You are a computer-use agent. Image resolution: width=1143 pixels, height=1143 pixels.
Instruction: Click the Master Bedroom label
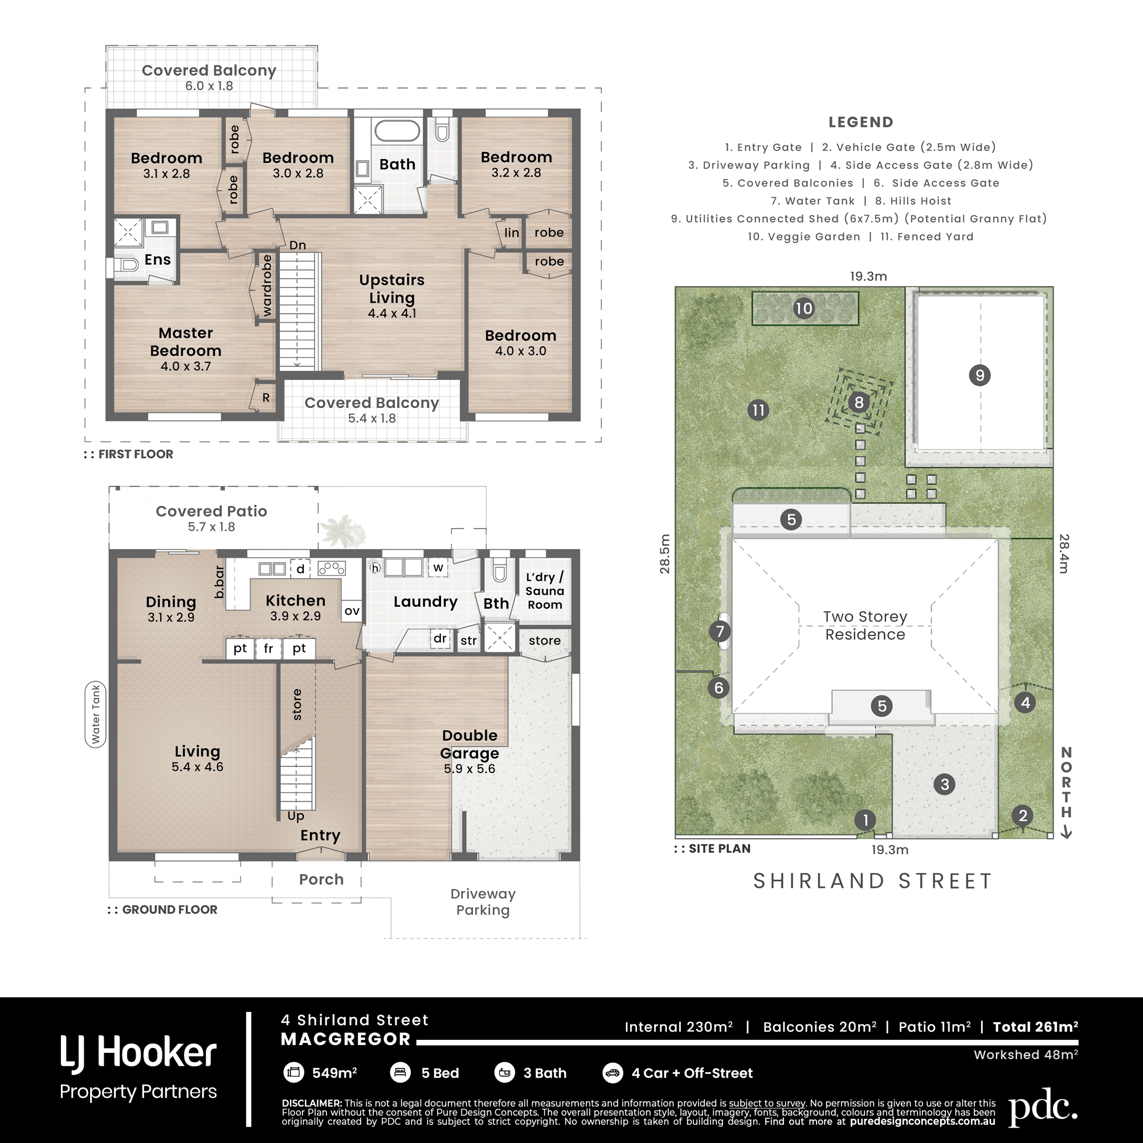tap(186, 342)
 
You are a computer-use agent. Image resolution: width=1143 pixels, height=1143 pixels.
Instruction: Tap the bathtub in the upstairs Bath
tap(398, 130)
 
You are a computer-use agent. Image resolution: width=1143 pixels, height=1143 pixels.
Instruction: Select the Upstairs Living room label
tap(391, 289)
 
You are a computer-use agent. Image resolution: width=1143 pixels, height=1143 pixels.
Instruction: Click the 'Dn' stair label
tap(297, 245)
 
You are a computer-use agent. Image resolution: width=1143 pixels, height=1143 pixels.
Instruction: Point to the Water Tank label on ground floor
tap(96, 714)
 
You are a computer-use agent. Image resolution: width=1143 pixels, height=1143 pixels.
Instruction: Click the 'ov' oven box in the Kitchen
tap(352, 611)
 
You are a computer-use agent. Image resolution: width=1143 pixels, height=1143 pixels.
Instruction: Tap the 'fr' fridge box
tap(268, 648)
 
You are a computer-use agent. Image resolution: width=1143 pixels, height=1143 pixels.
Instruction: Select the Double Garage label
tap(470, 744)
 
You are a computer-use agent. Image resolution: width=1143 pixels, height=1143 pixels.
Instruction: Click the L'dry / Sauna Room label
tap(545, 591)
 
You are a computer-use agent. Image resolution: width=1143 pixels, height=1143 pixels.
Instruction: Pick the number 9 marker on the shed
tap(979, 375)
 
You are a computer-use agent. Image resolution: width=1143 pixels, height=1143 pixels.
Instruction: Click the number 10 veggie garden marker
tap(803, 308)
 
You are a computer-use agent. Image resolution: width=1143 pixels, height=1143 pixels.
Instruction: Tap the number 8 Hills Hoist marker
tap(859, 403)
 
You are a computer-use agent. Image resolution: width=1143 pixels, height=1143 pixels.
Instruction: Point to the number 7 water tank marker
tap(720, 631)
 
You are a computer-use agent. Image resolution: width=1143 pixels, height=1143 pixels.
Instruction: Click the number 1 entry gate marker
tap(866, 820)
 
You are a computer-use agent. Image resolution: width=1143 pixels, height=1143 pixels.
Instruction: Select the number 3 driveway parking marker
tap(944, 785)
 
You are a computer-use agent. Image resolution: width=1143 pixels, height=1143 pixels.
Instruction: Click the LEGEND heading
tap(861, 123)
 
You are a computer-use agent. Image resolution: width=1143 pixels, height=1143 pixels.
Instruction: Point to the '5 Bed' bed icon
tap(401, 1072)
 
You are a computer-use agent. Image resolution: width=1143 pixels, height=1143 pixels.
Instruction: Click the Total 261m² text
tap(1035, 1027)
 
